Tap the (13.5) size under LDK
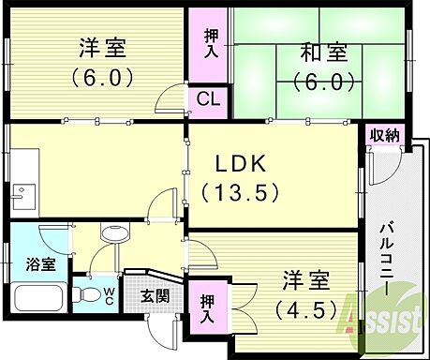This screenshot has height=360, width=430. coord(242,192)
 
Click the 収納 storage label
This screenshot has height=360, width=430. coord(385,136)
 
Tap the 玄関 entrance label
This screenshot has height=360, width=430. coord(155,296)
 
